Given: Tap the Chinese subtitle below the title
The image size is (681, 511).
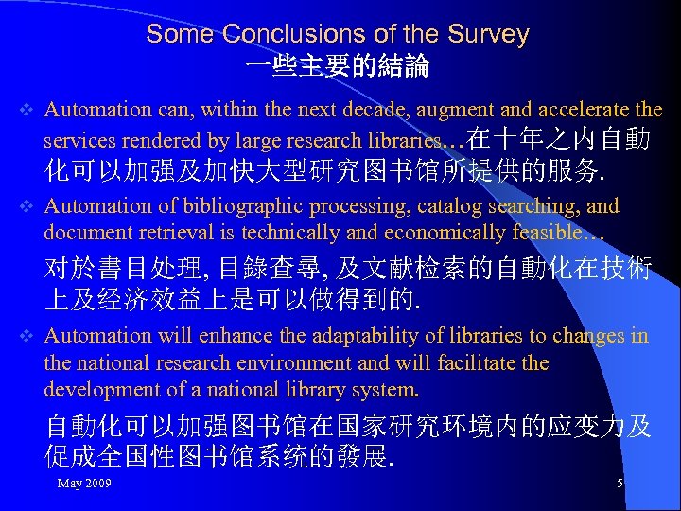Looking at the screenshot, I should (x=337, y=67).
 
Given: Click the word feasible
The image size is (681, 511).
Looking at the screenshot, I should (x=571, y=233).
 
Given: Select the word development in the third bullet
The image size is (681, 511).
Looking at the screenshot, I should (x=98, y=390).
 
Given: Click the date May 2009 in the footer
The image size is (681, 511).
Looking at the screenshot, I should (x=84, y=485).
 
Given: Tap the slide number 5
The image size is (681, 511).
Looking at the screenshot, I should (x=620, y=485).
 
